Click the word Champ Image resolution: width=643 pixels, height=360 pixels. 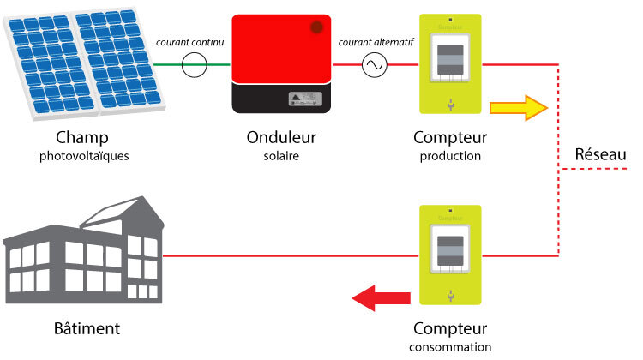pos(82,138)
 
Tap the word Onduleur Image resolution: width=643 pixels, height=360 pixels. pos(282,138)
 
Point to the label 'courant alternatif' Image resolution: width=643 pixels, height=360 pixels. pos(377,43)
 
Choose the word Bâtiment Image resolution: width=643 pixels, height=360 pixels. pos(83,328)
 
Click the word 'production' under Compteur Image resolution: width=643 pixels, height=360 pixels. pos(450,157)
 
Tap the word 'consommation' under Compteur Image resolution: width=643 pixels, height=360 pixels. pos(450,347)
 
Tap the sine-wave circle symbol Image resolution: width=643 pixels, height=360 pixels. pos(375,65)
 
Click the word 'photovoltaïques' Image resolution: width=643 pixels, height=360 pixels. pos(82,157)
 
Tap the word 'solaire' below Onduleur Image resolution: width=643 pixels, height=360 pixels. pos(282,157)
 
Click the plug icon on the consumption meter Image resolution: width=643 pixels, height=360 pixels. pos(450,296)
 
